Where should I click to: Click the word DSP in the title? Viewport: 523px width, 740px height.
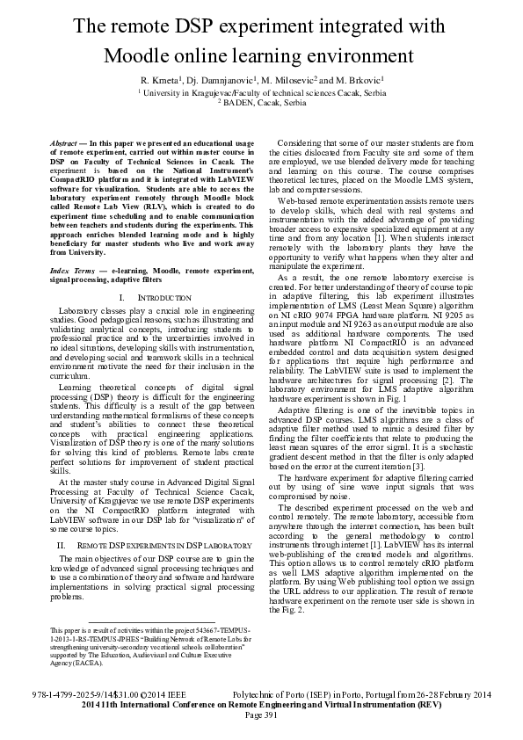208,27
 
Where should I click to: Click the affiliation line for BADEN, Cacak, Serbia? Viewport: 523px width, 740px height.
264,102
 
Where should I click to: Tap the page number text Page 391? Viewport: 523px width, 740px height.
261,715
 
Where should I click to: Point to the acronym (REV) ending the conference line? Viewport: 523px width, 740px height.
429,705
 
